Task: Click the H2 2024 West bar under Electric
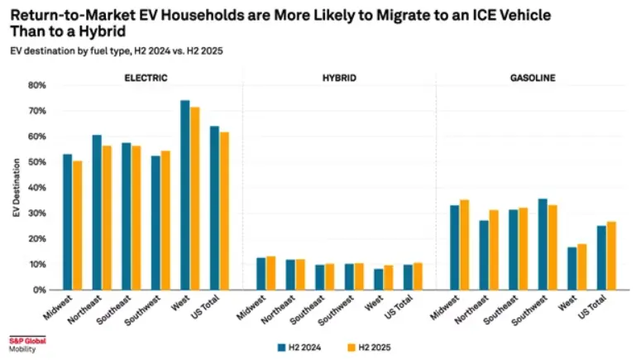click(185, 195)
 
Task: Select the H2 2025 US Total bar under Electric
click(223, 211)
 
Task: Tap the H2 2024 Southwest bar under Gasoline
click(543, 244)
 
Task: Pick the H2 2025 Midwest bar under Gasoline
click(464, 245)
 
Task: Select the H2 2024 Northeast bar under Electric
click(97, 213)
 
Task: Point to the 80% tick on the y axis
click(36, 85)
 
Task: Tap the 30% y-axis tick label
click(36, 214)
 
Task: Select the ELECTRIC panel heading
click(146, 79)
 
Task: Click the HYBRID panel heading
click(339, 79)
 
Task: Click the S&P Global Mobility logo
click(27, 343)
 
